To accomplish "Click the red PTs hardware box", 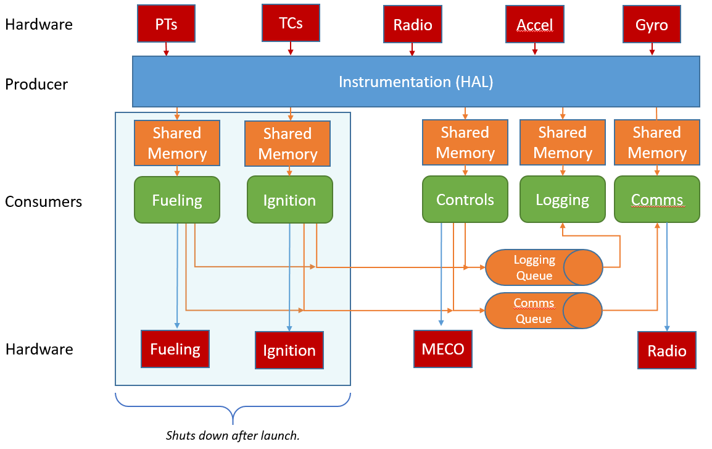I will [166, 23].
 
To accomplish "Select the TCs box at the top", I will [291, 23].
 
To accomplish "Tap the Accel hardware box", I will [535, 25].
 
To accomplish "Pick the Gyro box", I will [652, 25].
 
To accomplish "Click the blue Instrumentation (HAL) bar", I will [416, 82].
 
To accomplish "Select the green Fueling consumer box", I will [177, 199].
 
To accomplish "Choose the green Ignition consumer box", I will [289, 199].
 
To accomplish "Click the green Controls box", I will [465, 199].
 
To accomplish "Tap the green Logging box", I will [562, 199].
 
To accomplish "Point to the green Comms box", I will [656, 199].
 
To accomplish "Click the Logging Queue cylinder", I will [544, 267].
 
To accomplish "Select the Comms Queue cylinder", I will [544, 311].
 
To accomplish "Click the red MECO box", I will [443, 348].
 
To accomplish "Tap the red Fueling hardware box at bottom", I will [175, 349].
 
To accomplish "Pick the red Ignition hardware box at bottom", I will [289, 350].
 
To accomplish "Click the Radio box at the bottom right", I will [667, 350].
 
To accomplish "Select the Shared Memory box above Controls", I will [465, 143].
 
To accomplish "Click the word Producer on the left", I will [36, 84].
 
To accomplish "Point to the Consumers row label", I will [43, 201].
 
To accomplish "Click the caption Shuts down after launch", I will [233, 435].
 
